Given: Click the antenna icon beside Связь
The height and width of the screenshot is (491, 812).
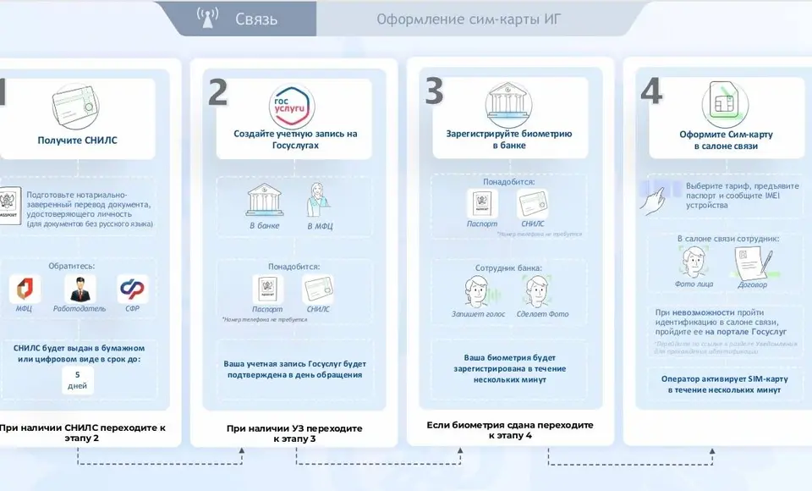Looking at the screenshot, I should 207,18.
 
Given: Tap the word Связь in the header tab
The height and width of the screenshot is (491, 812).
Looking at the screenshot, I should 256,19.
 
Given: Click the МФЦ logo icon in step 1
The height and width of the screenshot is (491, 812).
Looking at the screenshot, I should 25,289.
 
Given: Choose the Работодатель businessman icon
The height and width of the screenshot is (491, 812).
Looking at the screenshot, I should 79,289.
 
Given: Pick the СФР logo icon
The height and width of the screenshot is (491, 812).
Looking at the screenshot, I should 132,289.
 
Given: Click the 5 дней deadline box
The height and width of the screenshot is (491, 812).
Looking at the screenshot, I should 78,380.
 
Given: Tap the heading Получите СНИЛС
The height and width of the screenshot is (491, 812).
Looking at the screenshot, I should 78,140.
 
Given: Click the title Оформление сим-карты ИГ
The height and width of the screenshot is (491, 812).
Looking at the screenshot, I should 469,19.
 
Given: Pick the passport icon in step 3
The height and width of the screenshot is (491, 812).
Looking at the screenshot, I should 482,203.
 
